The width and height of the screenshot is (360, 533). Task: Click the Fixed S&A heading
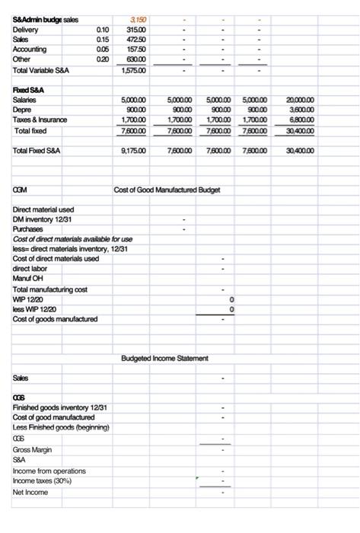click(30, 89)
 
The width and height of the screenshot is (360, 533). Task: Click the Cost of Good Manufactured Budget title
click(167, 189)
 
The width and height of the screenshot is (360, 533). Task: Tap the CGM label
click(21, 189)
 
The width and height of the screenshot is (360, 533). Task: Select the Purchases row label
click(28, 228)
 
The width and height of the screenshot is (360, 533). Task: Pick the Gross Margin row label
click(33, 449)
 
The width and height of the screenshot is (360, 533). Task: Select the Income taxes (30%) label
click(46, 480)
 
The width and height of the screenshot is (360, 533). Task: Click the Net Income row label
click(30, 492)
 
